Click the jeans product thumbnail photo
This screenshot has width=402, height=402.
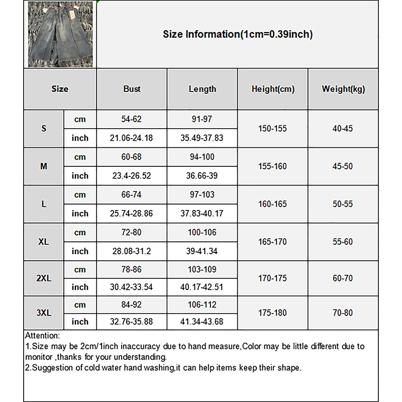point(60,34)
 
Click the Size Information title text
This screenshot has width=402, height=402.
point(238,34)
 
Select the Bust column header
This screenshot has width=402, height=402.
point(132,89)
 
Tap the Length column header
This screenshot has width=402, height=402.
point(202,89)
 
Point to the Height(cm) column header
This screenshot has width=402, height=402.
point(273,89)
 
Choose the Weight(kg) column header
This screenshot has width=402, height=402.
point(343,89)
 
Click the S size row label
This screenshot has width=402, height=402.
point(44,128)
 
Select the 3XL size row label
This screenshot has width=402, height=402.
point(44,313)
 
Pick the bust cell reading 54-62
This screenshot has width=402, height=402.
point(132,119)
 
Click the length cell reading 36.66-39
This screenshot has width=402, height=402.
point(202,176)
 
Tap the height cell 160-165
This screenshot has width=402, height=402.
point(273,204)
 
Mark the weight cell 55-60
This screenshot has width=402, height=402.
point(343,242)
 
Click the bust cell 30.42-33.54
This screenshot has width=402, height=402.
point(132,287)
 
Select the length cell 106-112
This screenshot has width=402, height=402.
point(202,305)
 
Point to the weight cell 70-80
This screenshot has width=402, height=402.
point(343,313)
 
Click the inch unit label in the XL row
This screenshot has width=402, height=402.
point(80,251)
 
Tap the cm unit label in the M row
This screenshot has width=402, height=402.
point(80,157)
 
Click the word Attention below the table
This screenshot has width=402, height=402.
point(42,336)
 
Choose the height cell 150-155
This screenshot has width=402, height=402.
point(273,128)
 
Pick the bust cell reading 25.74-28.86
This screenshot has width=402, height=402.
point(132,214)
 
